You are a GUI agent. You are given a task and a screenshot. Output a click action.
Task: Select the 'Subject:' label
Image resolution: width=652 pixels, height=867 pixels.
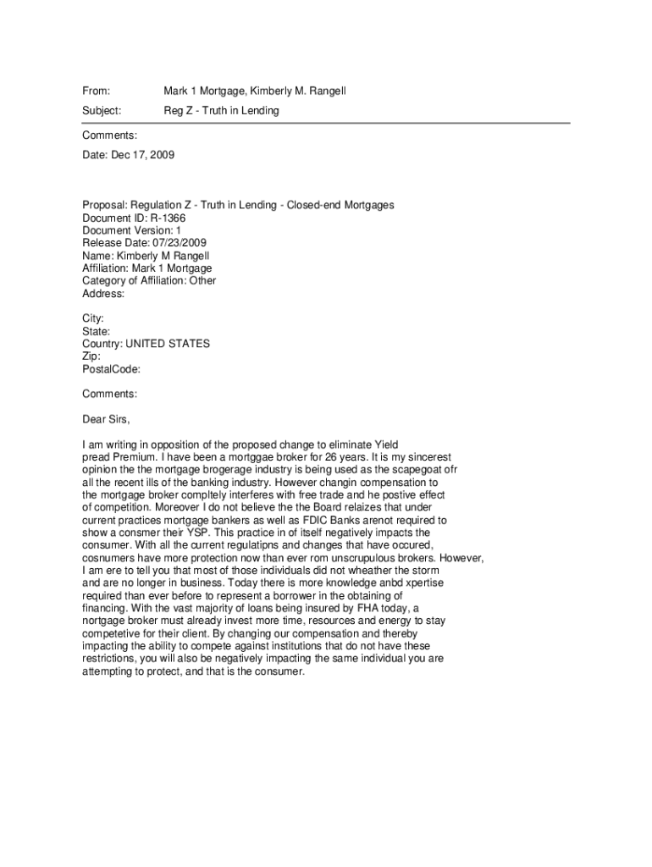(x=102, y=111)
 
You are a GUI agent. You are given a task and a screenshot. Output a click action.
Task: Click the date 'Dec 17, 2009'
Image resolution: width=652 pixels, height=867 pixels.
(x=142, y=155)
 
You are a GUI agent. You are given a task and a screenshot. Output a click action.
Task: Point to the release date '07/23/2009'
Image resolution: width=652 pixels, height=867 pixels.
(x=176, y=243)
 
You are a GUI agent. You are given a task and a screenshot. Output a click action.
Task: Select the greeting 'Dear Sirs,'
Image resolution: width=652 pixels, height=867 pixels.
(x=107, y=419)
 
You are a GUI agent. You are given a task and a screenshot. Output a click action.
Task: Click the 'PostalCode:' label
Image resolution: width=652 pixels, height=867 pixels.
(x=111, y=369)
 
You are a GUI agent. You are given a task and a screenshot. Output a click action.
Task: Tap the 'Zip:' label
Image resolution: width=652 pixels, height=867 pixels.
(x=91, y=356)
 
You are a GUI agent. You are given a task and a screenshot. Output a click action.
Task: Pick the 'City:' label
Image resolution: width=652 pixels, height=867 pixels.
(x=93, y=318)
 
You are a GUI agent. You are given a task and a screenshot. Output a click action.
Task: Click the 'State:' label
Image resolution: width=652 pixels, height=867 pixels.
(x=96, y=331)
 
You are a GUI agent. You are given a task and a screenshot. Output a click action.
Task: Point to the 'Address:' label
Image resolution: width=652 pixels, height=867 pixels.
(x=103, y=294)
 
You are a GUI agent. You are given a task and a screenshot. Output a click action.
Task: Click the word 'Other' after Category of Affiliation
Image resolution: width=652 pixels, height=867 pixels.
(x=202, y=281)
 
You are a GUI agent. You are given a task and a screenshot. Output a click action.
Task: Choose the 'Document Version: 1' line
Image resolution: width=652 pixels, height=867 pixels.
(x=131, y=230)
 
